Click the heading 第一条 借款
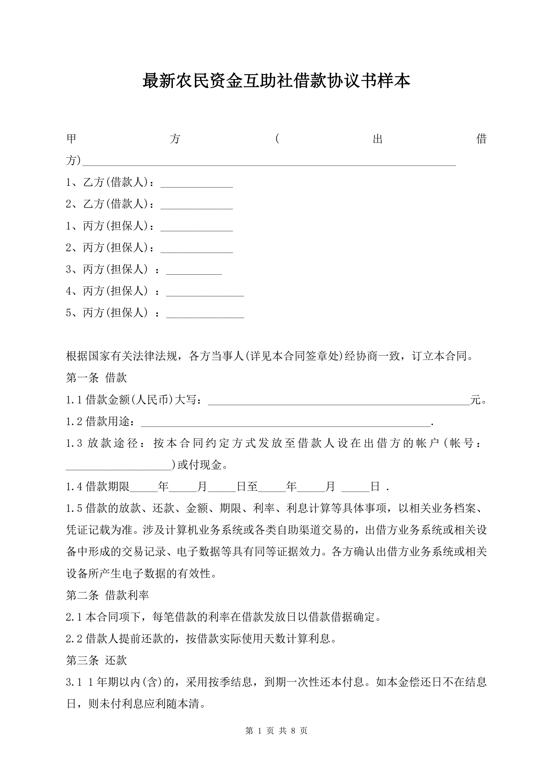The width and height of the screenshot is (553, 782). pyautogui.click(x=96, y=378)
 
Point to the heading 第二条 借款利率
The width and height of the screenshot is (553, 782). pyautogui.click(x=107, y=595)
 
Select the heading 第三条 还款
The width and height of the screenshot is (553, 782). pyautogui.click(x=96, y=661)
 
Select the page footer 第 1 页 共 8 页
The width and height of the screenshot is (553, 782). pyautogui.click(x=276, y=731)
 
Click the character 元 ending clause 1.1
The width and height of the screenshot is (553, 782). pyautogui.click(x=475, y=400)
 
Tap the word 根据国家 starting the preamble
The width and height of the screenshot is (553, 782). pyautogui.click(x=88, y=356)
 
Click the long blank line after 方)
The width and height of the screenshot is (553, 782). pyautogui.click(x=269, y=163)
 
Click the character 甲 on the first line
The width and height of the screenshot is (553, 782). pyautogui.click(x=72, y=139)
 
